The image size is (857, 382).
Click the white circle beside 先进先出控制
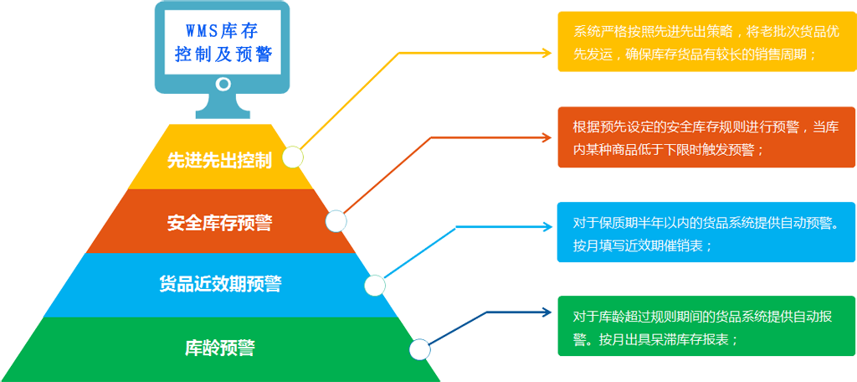pyautogui.click(x=293, y=158)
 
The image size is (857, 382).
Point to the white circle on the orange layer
pyautogui.click(x=336, y=221)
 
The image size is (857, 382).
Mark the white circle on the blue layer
pyautogui.click(x=375, y=286)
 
